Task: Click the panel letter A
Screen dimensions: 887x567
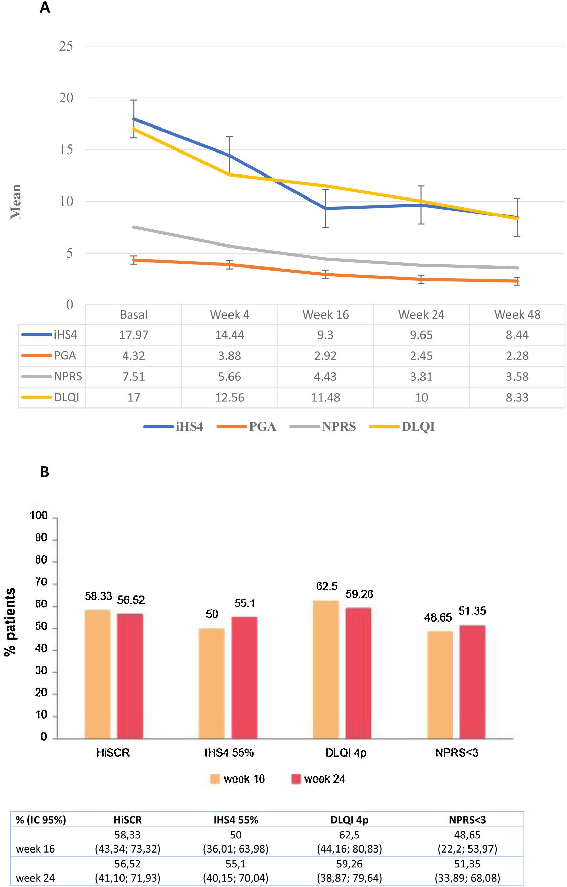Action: pos(45,8)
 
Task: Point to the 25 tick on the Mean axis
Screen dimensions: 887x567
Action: pos(66,46)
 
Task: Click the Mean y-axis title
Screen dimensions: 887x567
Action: pos(16,202)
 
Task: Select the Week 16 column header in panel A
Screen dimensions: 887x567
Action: pos(326,314)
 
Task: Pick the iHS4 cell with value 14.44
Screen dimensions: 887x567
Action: pos(229,335)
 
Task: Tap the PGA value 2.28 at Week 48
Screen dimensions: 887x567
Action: pos(517,356)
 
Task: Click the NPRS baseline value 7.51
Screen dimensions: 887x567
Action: pos(133,376)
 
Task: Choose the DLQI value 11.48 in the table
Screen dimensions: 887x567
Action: pos(326,397)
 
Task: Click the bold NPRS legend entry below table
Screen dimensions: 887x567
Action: pos(339,427)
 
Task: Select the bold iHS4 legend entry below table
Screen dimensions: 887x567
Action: pos(189,427)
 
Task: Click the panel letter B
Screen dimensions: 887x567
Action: pos(45,472)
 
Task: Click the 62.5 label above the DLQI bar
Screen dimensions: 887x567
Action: pos(327,586)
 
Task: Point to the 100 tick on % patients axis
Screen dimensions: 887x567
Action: pos(39,516)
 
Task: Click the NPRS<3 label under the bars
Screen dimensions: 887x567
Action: pos(456,752)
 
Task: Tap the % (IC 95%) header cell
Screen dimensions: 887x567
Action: pos(41,820)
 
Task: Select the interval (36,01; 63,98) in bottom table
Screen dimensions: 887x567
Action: pos(236,849)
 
